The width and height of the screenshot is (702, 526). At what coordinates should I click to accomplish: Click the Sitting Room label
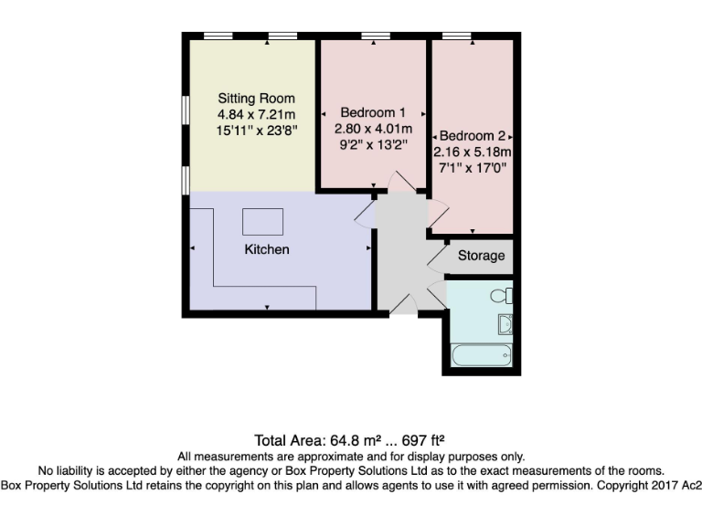tap(256, 99)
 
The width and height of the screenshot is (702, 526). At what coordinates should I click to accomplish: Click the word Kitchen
tap(266, 249)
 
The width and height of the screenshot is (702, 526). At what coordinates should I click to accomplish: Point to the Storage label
tap(481, 256)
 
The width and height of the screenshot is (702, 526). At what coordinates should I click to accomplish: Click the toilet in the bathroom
tap(502, 296)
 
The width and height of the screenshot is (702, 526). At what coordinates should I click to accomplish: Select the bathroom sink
tap(505, 322)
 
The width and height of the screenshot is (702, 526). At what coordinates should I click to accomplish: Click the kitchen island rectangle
tap(262, 222)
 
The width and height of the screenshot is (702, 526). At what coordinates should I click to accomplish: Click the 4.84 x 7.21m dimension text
tap(256, 114)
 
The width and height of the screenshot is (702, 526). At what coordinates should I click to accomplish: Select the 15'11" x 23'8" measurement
tap(256, 130)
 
